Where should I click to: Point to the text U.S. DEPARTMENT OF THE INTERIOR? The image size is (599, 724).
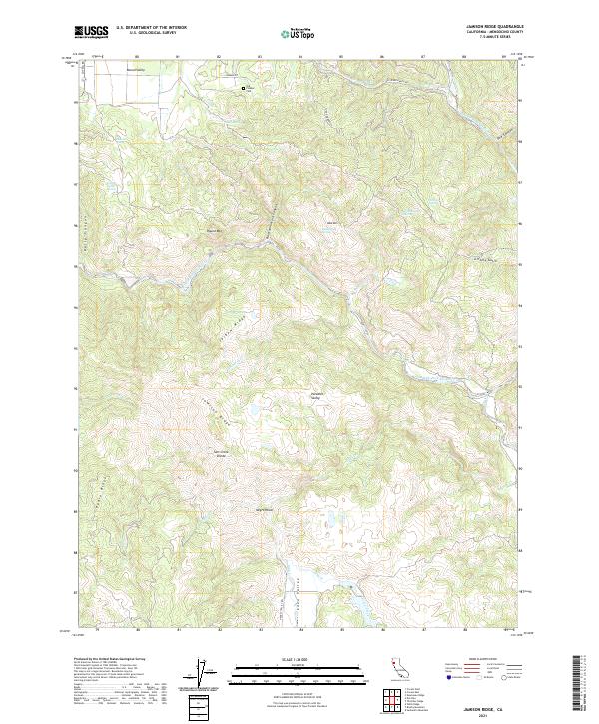coord(151,27)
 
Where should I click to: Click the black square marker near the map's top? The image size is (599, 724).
coord(243,88)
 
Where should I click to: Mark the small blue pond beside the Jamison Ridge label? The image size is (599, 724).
coord(256,410)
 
